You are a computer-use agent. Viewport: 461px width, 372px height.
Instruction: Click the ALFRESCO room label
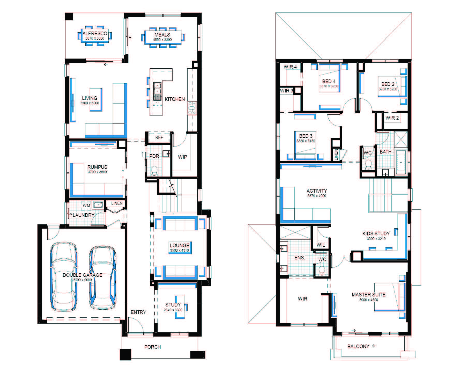point(95,33)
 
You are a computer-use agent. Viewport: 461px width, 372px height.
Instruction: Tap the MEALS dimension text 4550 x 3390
point(162,40)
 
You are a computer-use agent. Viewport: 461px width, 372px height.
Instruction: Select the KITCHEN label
point(175,99)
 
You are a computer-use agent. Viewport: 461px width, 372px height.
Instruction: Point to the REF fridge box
point(159,137)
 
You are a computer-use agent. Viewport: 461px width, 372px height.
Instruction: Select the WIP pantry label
point(182,157)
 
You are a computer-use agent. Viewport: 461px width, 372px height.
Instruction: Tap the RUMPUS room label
point(97,167)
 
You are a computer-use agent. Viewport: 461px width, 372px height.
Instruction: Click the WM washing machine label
point(86,206)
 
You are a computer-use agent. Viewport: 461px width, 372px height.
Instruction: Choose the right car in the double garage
point(103,277)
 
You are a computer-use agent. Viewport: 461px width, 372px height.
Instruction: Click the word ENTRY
point(138,312)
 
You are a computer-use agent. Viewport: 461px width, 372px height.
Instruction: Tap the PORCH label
point(153,347)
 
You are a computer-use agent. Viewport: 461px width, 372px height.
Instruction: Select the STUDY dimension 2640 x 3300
point(173,310)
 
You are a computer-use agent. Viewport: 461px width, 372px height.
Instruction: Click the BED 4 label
point(329,81)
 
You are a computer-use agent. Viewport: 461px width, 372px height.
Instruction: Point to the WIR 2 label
point(392,118)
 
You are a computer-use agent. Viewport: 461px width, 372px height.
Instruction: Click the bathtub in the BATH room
point(401,162)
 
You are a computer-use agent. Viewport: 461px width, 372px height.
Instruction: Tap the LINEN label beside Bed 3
point(336,155)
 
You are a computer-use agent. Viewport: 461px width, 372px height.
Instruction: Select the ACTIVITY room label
point(317,191)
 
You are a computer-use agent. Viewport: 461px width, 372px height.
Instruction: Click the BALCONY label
point(358,346)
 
